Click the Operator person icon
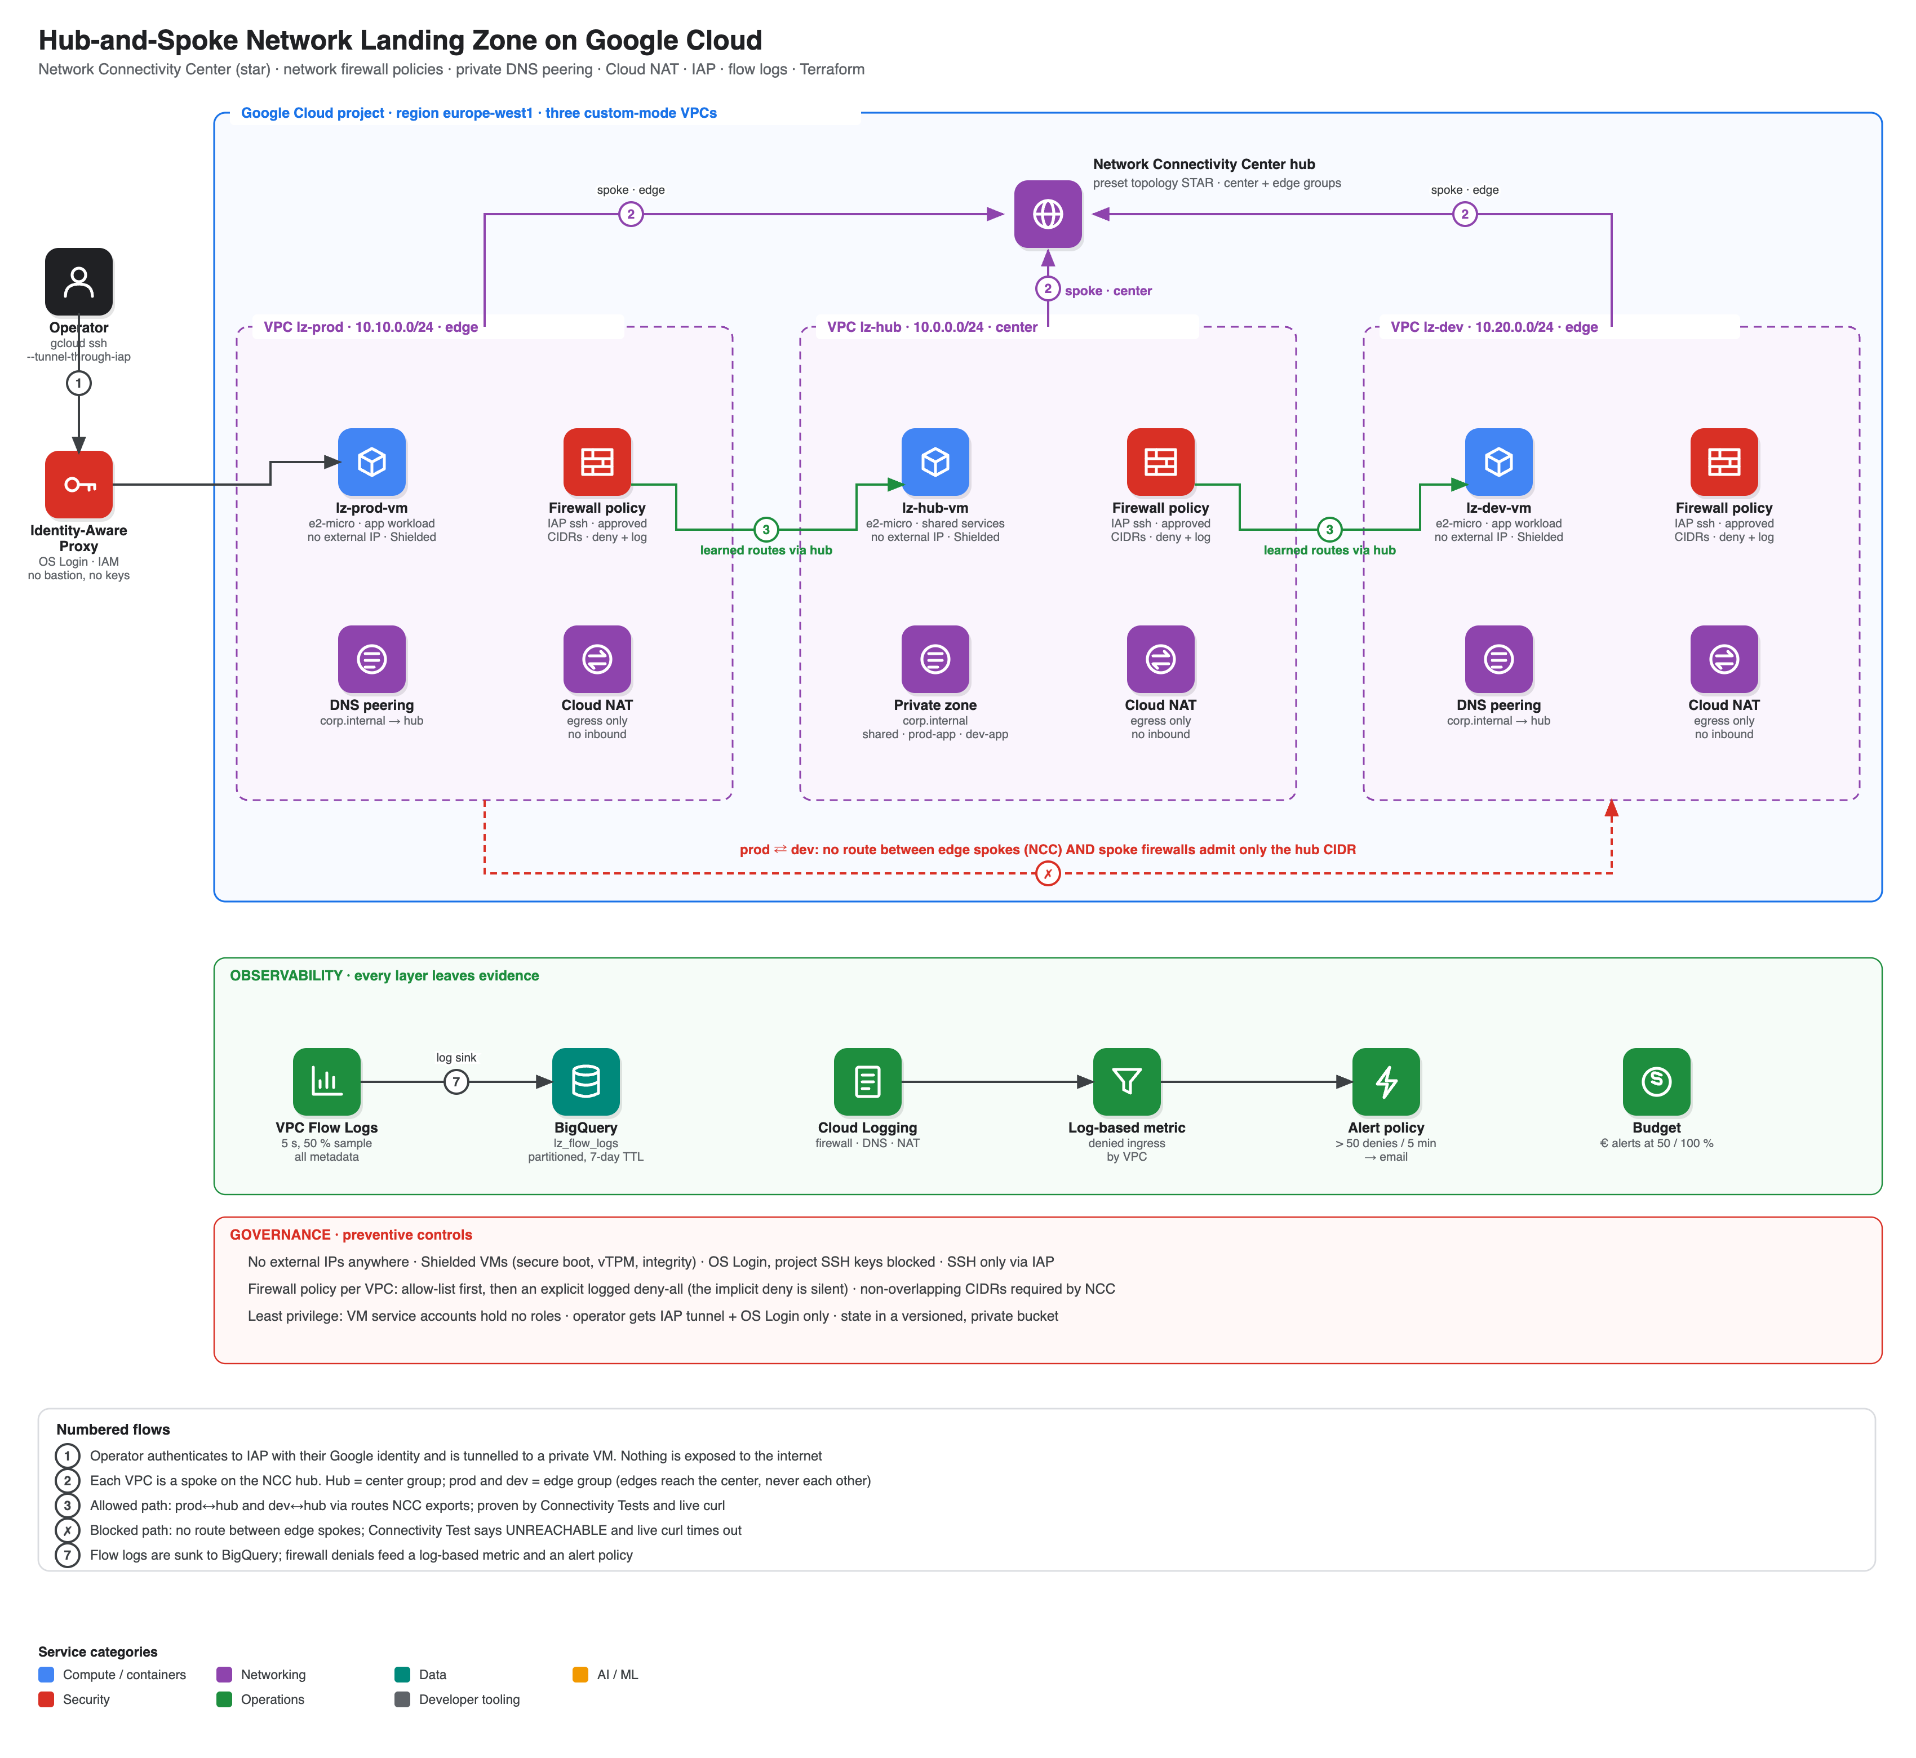point(79,282)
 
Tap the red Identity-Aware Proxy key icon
point(79,484)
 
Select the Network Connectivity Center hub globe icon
point(1048,214)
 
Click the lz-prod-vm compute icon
point(372,463)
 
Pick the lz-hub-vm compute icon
point(935,463)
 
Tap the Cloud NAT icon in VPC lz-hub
point(1161,659)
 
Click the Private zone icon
point(935,659)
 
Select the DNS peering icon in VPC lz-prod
point(372,659)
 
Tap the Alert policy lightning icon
point(1386,1082)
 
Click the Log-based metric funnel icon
point(1126,1082)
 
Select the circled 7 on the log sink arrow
point(456,1082)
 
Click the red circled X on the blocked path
point(1048,873)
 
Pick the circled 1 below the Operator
point(79,383)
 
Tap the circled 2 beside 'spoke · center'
point(1048,288)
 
